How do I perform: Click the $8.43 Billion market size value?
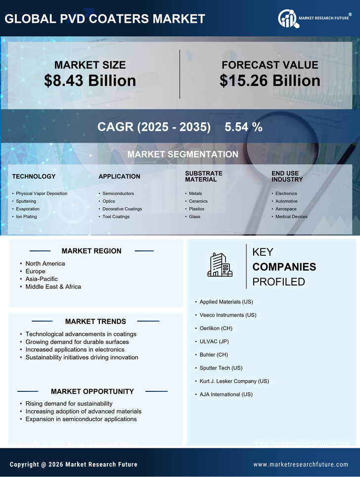coord(90,81)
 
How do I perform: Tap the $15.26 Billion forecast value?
coord(270,81)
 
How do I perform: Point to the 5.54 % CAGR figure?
coord(243,127)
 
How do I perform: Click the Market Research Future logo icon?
coord(287,19)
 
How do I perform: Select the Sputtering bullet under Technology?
coord(26,201)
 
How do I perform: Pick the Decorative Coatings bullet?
coord(122,209)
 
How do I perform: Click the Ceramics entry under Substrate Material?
coord(198,201)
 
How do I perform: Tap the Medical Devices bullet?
coord(291,217)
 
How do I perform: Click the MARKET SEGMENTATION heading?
coord(182,154)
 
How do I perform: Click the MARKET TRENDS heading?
coord(95,322)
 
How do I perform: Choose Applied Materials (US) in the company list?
coord(227,302)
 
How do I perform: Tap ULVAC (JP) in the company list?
coord(214,341)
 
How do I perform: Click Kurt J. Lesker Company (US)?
coord(234,381)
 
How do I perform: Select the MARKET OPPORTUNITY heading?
coord(92,391)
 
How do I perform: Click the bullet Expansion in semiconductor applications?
coord(81,419)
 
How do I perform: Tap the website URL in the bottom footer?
coord(301,465)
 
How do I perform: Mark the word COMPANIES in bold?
coord(284,267)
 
